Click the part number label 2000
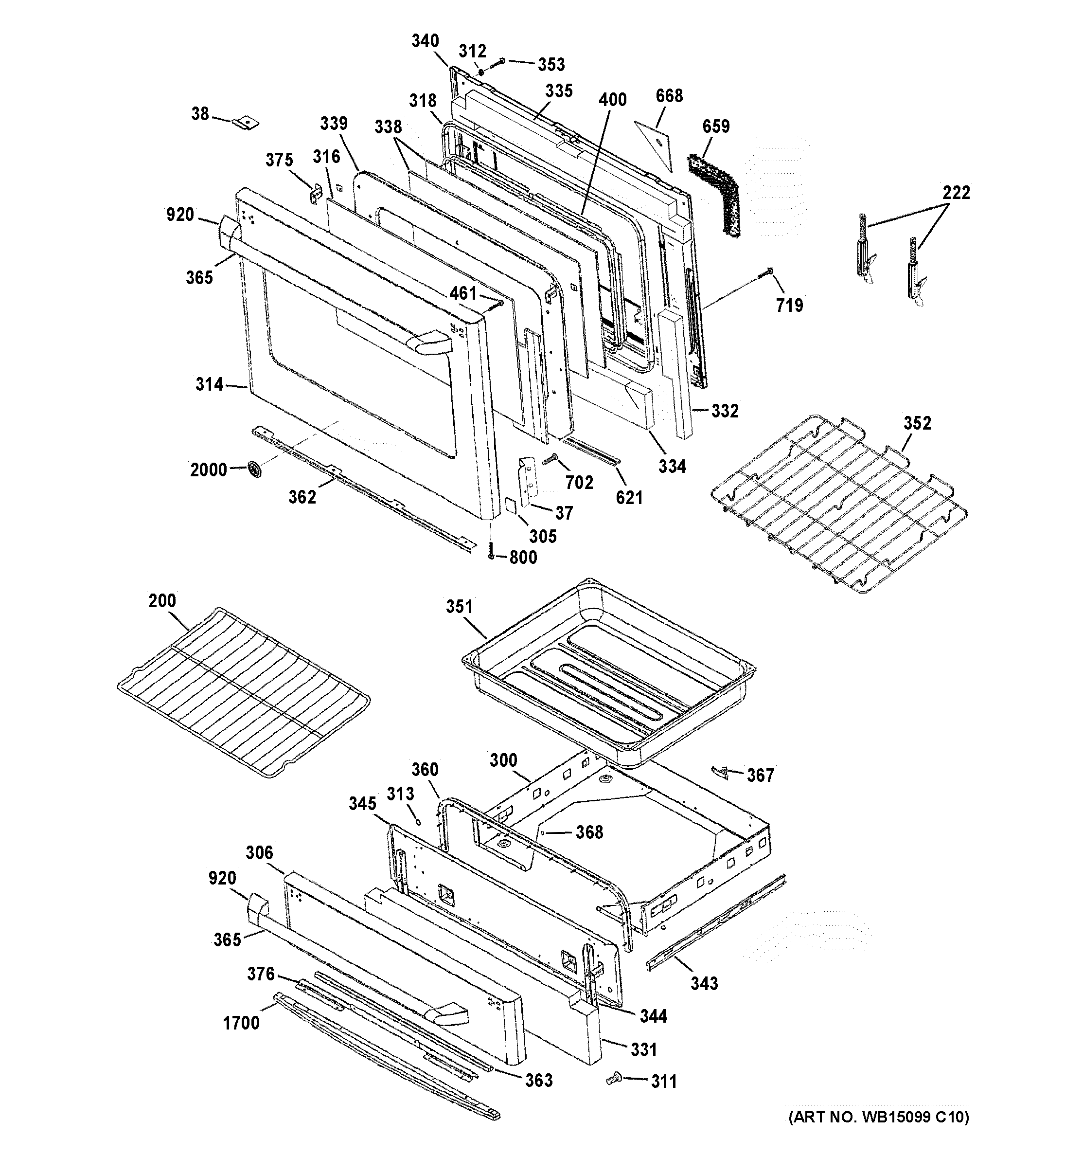(208, 470)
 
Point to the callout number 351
(459, 607)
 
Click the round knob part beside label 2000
(254, 469)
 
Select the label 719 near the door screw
(789, 305)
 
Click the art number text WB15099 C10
(878, 1117)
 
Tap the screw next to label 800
(491, 549)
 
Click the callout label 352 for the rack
(917, 423)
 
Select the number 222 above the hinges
(956, 193)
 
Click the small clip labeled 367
(720, 772)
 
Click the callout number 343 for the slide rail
(704, 984)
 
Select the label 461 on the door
(463, 294)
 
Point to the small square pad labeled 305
(510, 504)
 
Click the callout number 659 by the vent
(716, 126)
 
